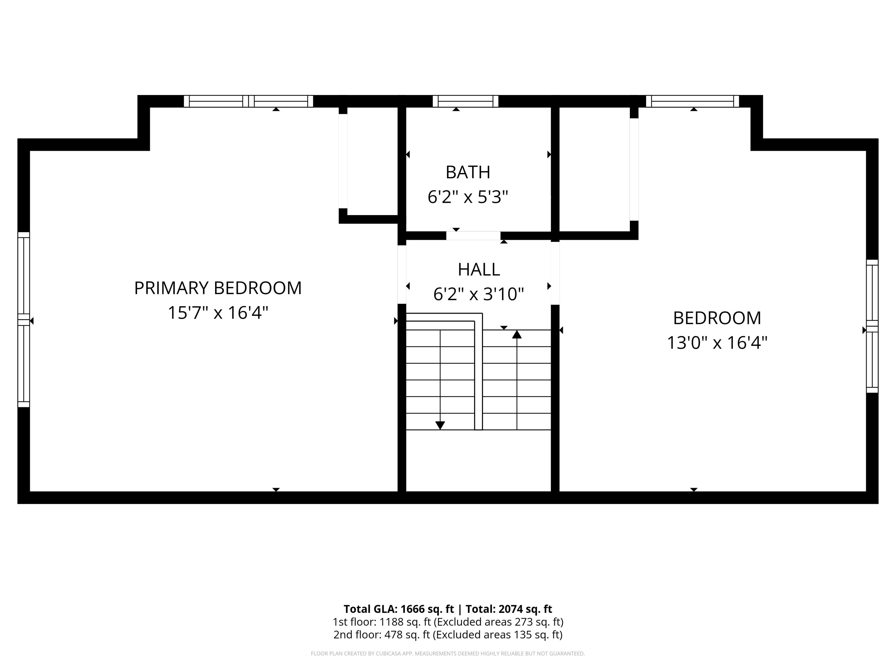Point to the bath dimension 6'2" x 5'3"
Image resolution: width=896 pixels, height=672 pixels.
coord(468,197)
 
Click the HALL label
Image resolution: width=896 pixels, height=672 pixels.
coord(478,269)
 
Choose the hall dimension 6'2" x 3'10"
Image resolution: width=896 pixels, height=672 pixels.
coord(478,294)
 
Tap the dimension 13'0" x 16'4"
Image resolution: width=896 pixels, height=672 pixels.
coord(717,343)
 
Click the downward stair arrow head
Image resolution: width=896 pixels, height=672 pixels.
coord(440,425)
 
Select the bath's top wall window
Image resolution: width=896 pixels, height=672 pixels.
coord(465,101)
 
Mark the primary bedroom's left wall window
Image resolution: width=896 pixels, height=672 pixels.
coord(24,320)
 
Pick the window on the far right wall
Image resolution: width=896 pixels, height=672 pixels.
coord(872,326)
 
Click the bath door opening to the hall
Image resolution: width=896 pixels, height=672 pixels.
coord(473,236)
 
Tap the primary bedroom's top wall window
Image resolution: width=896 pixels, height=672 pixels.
coord(248,101)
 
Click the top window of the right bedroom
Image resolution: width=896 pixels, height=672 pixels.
coord(692,101)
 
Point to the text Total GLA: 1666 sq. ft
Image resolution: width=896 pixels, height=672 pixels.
coord(399,609)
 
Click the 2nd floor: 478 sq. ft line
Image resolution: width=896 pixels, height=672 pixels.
coord(448,634)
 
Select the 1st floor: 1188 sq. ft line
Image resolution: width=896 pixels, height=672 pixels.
coord(448,622)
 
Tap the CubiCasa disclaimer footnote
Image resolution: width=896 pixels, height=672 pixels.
coord(448,653)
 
